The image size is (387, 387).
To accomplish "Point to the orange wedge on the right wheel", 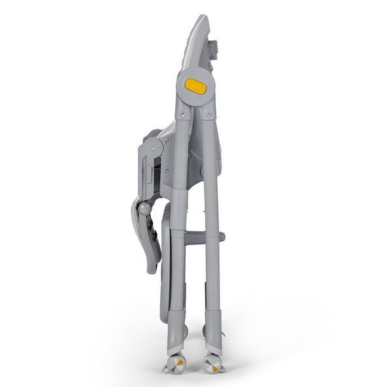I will pyautogui.click(x=210, y=362).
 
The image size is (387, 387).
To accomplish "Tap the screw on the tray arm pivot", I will pyautogui.click(x=154, y=148).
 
